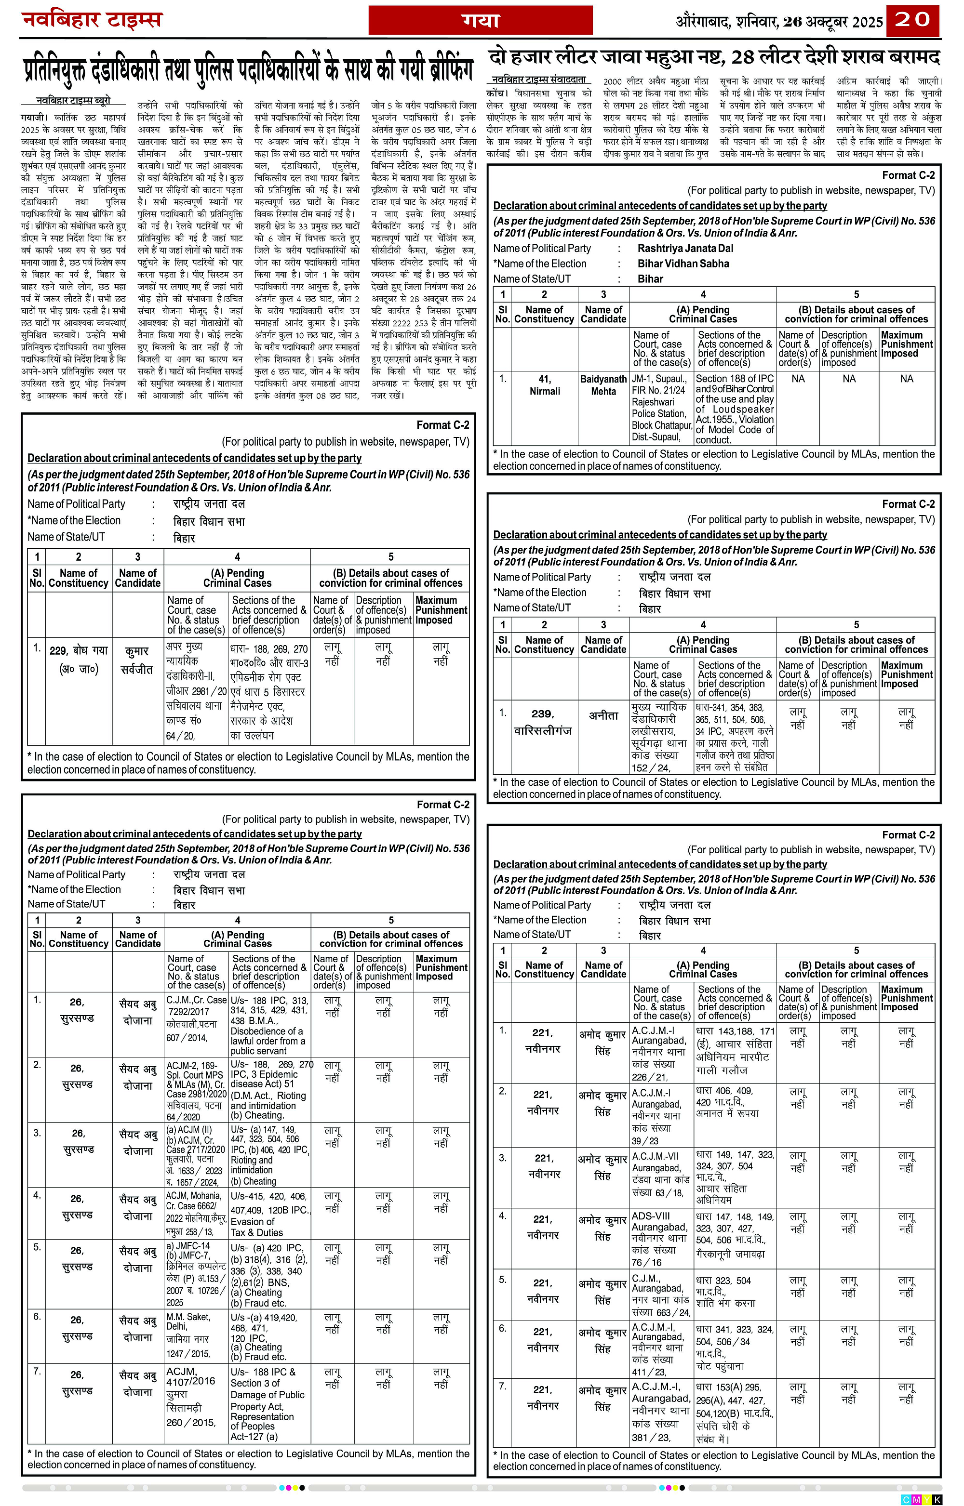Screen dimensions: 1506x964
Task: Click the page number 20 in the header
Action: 913,20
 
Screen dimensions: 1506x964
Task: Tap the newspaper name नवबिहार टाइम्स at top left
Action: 92,20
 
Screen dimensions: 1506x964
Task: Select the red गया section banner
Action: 480,21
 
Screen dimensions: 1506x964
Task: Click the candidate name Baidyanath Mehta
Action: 603,385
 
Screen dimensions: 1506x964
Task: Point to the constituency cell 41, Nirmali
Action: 545,385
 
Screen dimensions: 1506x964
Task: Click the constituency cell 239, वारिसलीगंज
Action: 543,721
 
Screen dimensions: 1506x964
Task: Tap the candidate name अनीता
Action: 603,715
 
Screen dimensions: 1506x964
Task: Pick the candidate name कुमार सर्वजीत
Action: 137,660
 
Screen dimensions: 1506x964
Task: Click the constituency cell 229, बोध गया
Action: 78,660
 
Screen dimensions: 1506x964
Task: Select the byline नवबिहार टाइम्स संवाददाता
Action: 539,80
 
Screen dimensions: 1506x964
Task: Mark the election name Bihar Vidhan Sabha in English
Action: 683,264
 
